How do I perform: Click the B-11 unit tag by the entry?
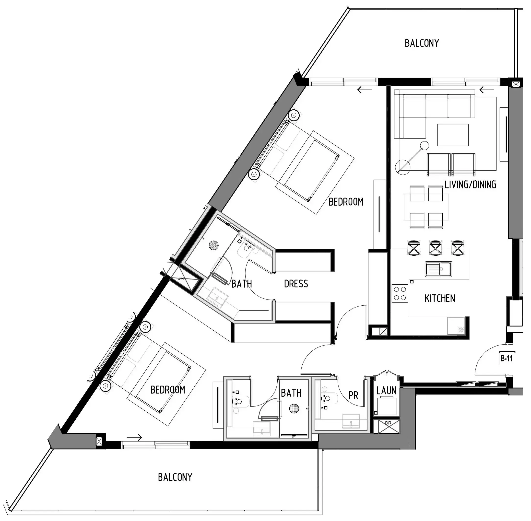[x=506, y=358]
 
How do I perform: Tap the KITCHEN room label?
[x=440, y=298]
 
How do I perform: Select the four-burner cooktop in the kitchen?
[x=400, y=293]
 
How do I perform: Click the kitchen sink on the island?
[x=438, y=269]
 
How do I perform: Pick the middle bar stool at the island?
[x=435, y=248]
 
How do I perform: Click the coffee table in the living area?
[x=453, y=135]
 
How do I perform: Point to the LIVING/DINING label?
[x=470, y=185]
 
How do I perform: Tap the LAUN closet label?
[x=386, y=391]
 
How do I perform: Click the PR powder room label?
[x=353, y=395]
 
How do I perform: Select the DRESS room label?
[x=296, y=284]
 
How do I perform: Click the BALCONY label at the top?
[x=422, y=43]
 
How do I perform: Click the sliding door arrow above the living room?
[x=487, y=90]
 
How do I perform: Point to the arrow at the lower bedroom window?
[x=135, y=438]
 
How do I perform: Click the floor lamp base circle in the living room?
[x=403, y=167]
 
